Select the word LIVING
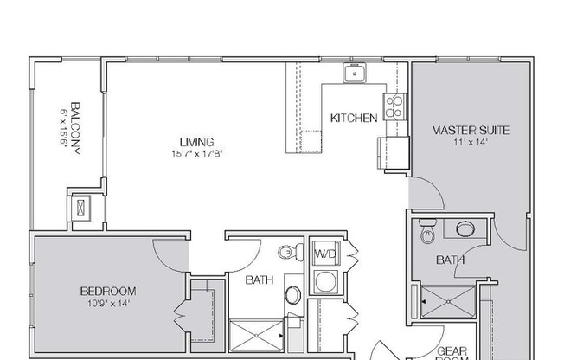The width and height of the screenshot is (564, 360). pos(196,142)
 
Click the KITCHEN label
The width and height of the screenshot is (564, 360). pos(354,118)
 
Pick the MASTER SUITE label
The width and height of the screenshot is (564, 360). pos(470,131)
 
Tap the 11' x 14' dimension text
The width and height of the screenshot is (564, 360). pos(470,143)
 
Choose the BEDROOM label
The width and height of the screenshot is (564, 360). pos(108,292)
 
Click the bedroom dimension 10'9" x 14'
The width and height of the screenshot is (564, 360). pos(108,304)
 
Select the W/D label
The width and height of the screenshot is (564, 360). pos(324,254)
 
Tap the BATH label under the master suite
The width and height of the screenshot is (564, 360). pos(450,259)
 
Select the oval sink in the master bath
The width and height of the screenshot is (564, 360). pos(465,229)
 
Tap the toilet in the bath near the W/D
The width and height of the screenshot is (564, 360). pos(286,253)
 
